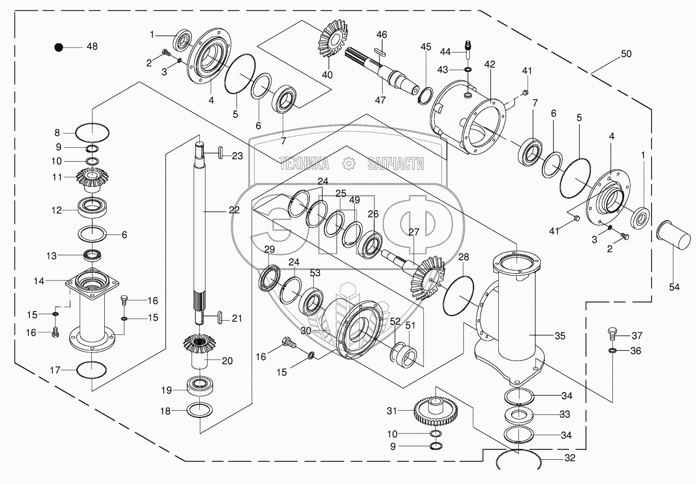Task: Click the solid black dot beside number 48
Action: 59,47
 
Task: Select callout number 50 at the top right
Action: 626,54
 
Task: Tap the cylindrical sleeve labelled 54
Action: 673,239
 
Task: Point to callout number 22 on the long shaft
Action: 234,210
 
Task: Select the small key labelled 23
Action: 220,152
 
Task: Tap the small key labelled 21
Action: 220,317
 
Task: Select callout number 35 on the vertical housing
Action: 560,336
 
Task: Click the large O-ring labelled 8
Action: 92,133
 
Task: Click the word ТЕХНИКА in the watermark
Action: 304,164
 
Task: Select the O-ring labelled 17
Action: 92,370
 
